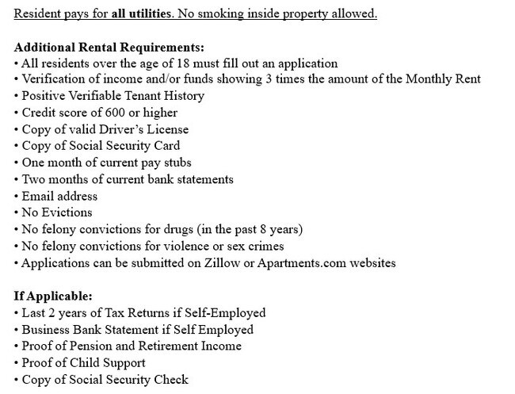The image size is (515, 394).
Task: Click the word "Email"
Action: point(39,196)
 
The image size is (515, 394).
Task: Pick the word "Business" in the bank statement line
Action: point(48,329)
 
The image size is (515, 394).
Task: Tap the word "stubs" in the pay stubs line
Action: point(177,163)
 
